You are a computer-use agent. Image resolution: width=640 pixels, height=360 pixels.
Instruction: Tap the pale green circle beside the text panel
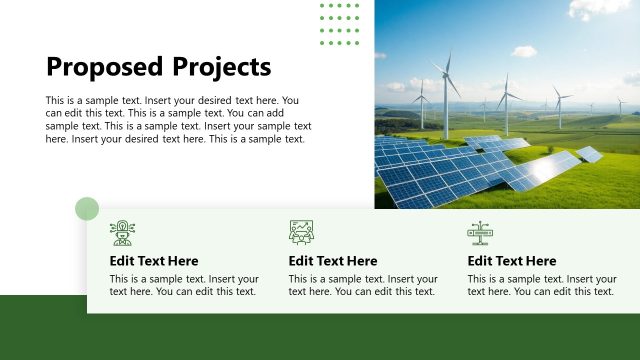click(87, 208)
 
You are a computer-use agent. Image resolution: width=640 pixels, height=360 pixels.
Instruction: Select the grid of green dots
click(339, 23)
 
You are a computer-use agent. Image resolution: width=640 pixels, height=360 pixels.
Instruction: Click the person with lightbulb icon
click(122, 233)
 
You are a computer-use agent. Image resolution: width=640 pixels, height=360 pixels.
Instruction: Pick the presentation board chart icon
click(301, 233)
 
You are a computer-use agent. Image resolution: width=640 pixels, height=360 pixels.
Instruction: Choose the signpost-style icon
click(480, 233)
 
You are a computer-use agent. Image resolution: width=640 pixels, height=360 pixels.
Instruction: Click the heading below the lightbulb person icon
click(154, 261)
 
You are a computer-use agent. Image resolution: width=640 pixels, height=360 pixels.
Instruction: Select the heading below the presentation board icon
click(333, 261)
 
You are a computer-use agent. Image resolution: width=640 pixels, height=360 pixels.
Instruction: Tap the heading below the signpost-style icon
click(512, 261)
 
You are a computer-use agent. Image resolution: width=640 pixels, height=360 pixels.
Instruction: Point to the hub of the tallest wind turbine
click(447, 76)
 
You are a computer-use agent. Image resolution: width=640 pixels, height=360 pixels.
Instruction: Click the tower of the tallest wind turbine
click(448, 110)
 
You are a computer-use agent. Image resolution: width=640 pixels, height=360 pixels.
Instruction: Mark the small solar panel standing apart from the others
click(590, 154)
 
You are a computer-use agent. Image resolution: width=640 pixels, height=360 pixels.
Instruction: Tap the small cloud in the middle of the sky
click(524, 50)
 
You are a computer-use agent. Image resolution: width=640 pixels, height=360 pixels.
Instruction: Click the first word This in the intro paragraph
click(55, 101)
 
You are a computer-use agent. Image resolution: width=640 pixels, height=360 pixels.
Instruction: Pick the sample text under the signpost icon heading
click(541, 286)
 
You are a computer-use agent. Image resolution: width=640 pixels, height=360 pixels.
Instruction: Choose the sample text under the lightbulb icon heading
click(184, 286)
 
